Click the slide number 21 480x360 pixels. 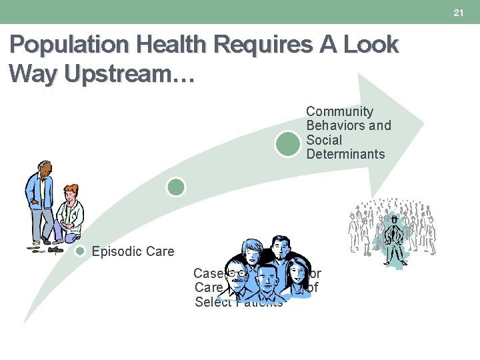459,13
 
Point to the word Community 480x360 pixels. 339,111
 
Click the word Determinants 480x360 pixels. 345,154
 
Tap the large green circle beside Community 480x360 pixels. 288,144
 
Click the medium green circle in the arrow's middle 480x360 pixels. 176,187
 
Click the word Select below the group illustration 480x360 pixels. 210,303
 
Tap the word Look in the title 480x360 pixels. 370,45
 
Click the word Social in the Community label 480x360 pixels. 324,140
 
